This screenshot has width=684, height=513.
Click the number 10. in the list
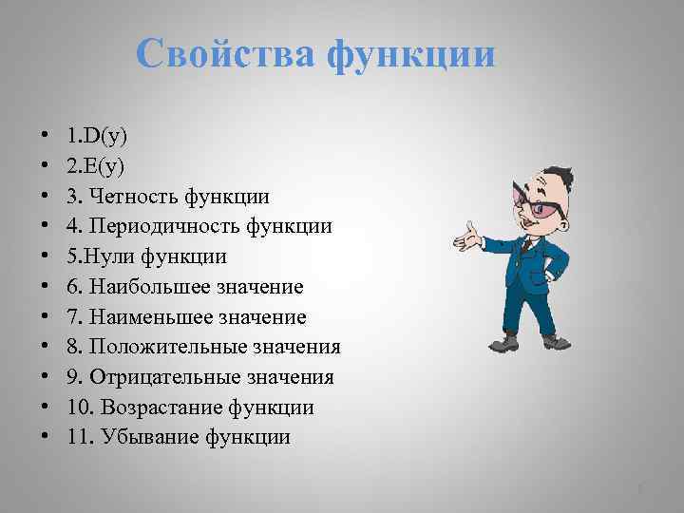79,408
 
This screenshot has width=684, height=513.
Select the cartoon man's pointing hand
465,235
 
